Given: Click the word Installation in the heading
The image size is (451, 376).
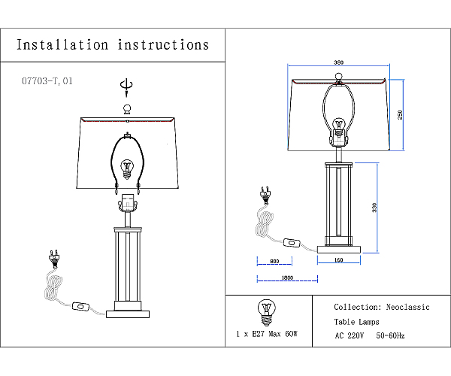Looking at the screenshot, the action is [62, 45].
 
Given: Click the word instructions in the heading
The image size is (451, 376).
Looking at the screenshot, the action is [163, 45].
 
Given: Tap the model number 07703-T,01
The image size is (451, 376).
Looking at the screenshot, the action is [47, 80].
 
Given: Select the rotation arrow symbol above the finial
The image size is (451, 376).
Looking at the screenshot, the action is [126, 87].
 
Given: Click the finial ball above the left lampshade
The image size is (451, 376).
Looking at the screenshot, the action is [127, 109].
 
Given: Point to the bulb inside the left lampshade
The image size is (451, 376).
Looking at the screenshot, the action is [127, 169].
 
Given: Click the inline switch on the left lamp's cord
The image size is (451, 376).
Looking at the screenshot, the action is [81, 306].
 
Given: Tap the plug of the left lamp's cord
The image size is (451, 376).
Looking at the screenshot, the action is [54, 259].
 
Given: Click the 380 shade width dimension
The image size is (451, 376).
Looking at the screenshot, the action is [339, 62].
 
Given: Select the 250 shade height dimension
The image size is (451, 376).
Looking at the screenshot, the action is [400, 115].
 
